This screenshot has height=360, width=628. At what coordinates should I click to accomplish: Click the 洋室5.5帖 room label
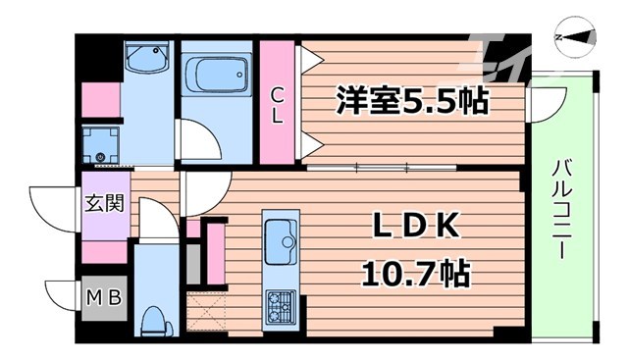click(x=412, y=98)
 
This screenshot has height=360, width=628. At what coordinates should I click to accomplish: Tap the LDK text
click(x=414, y=228)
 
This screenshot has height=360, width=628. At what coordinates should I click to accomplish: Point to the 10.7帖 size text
click(x=414, y=271)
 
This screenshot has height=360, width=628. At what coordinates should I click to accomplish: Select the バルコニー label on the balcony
click(x=562, y=209)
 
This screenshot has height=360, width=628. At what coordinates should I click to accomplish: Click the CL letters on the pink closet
click(x=279, y=104)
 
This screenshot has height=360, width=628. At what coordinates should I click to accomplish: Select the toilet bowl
click(x=153, y=320)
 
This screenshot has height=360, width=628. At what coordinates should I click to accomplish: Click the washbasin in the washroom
click(x=148, y=60)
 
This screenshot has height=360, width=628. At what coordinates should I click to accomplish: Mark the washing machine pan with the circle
click(x=99, y=143)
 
